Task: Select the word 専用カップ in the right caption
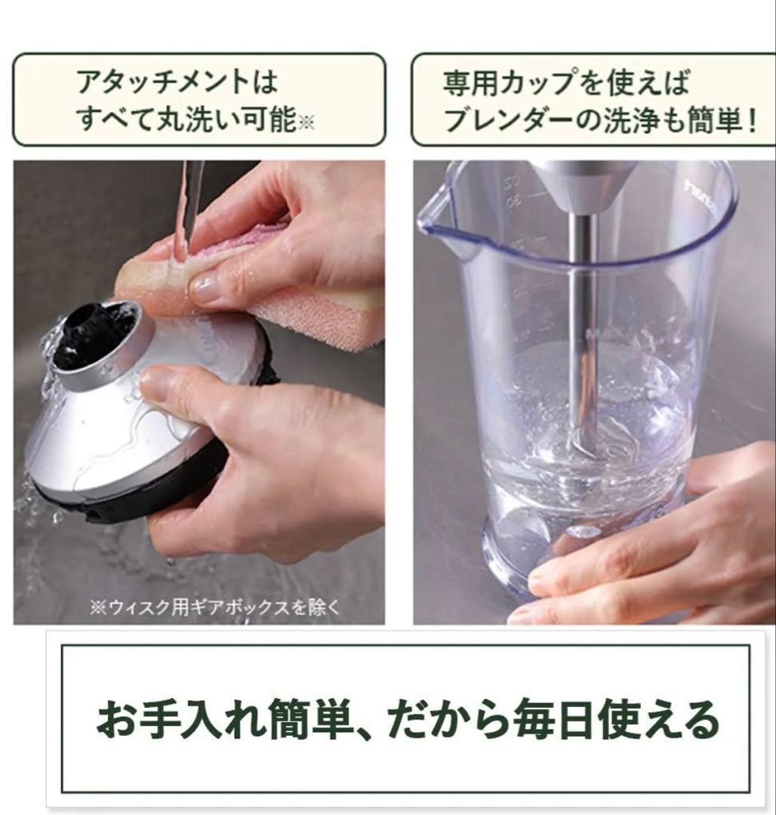[x=510, y=82]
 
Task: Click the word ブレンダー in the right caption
[x=507, y=121]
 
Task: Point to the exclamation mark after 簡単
[x=751, y=121]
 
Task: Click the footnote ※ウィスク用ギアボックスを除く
[x=214, y=607]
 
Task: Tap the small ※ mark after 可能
[x=306, y=123]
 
